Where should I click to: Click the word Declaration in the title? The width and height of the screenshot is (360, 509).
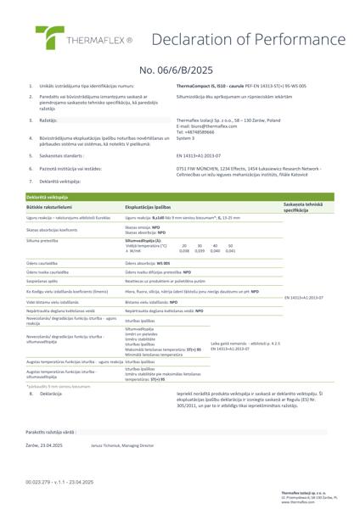(188, 37)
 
